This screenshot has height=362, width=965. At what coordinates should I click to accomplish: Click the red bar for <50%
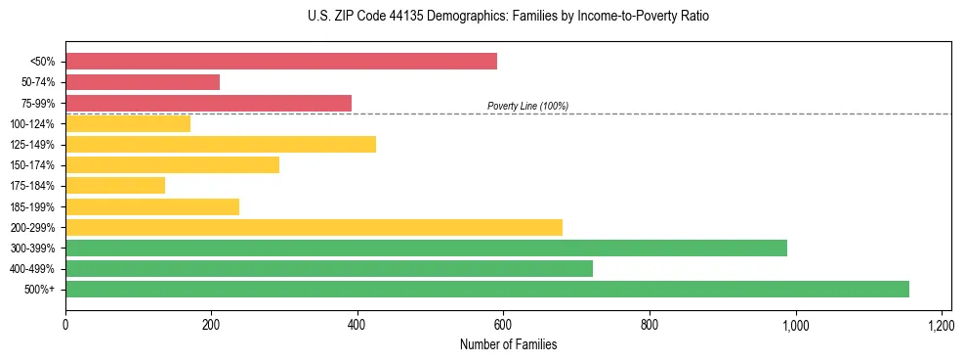281,62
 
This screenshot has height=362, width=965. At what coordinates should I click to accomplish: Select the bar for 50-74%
143,82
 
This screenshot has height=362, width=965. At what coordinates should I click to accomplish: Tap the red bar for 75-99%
208,103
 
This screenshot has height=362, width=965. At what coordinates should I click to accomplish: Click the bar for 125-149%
221,145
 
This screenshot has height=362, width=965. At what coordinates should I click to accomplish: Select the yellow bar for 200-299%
314,227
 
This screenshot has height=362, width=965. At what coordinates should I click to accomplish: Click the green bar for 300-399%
426,248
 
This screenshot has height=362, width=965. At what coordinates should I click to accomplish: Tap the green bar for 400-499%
329,268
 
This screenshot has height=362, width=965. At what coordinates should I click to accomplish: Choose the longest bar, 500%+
487,289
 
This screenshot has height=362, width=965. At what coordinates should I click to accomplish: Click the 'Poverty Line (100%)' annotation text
527,106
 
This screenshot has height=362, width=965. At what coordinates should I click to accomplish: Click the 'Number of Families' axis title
508,344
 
